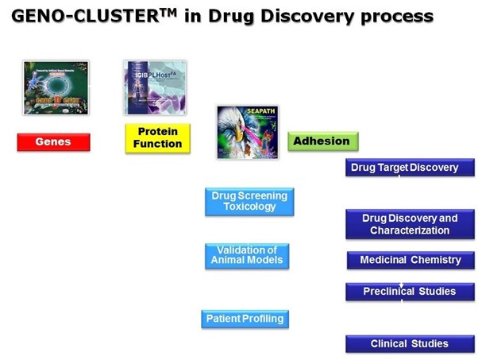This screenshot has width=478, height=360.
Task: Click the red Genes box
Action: click(x=53, y=142)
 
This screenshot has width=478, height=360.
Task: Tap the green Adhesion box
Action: click(x=322, y=141)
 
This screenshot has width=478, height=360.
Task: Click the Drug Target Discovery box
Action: click(x=410, y=168)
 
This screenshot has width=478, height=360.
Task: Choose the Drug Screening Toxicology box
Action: click(x=249, y=201)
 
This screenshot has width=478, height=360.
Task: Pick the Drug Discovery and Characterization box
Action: click(x=410, y=224)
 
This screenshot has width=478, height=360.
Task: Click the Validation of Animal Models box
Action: click(x=246, y=255)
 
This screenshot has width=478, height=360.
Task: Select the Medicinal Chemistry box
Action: click(x=410, y=260)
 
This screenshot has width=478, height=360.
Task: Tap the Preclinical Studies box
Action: click(x=410, y=292)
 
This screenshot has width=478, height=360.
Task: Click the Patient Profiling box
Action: click(x=245, y=319)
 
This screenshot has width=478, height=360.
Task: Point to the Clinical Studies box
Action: click(x=410, y=344)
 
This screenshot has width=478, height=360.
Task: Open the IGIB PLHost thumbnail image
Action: click(x=156, y=87)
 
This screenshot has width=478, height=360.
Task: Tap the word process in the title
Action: click(x=396, y=17)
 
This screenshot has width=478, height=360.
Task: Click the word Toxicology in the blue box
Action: click(x=249, y=207)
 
